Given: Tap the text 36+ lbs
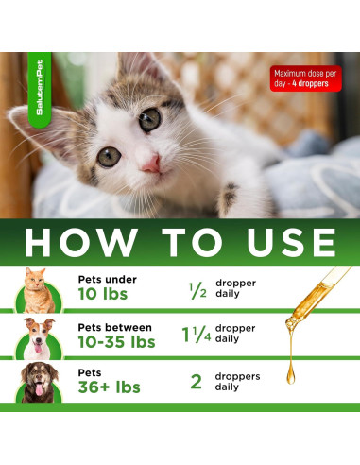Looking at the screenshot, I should (x=110, y=387).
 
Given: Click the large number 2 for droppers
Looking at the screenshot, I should (x=197, y=382).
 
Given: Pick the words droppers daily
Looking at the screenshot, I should (x=236, y=382).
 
